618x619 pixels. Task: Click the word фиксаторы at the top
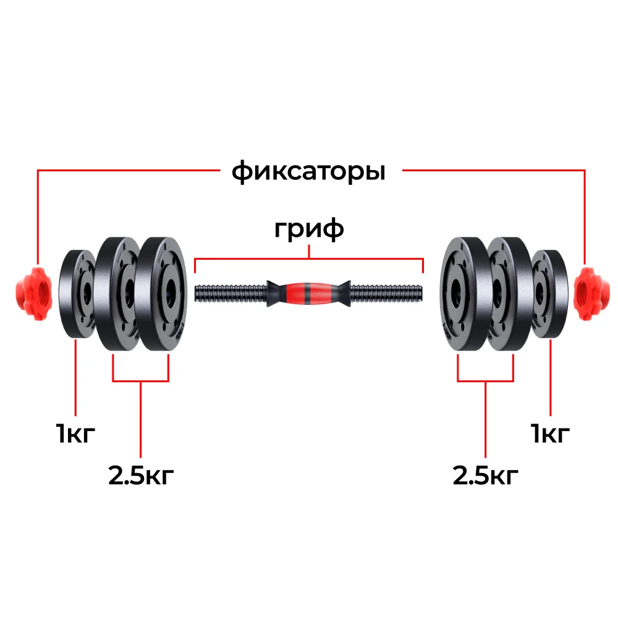pos(308,172)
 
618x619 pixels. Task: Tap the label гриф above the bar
pos(309,229)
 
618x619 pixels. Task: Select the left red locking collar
pos(33,293)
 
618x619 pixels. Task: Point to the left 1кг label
pos(75,433)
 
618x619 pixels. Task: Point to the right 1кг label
pos(550,433)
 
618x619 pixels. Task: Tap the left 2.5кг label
pos(141,475)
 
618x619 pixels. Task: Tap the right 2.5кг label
pos(485,475)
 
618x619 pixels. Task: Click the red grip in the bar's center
pos(309,294)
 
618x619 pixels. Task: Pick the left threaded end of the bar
pos(231,294)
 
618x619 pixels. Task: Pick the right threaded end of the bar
pos(387,294)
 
